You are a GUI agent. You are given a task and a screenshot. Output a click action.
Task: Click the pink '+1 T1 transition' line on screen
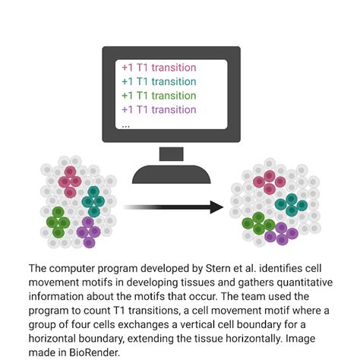(159, 68)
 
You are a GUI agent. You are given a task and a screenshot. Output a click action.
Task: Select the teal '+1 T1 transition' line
(159, 82)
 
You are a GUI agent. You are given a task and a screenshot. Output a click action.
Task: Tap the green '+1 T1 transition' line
(159, 96)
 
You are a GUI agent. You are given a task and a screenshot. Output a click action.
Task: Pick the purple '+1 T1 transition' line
(159, 110)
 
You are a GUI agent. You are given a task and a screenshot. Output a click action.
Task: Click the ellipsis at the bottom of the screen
(125, 126)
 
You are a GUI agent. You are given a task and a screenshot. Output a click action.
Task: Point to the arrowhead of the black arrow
(216, 207)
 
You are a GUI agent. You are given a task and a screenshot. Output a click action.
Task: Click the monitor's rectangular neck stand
(172, 154)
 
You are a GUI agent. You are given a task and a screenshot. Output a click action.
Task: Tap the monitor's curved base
(172, 175)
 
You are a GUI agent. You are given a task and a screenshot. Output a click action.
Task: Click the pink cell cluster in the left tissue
(70, 181)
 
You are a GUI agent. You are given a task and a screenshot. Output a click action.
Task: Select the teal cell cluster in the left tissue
(93, 201)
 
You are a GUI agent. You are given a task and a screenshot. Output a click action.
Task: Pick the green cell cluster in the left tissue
(58, 222)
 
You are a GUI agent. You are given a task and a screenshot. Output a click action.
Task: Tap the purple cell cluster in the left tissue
(89, 232)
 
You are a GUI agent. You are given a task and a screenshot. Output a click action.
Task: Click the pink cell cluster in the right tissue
(270, 182)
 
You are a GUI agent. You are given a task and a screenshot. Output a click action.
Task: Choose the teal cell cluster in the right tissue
(291, 205)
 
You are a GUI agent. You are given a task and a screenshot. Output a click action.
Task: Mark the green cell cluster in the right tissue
(258, 223)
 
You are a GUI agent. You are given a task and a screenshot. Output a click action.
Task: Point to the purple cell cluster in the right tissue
(282, 234)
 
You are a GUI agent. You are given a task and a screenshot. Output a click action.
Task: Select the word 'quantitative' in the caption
(305, 283)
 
